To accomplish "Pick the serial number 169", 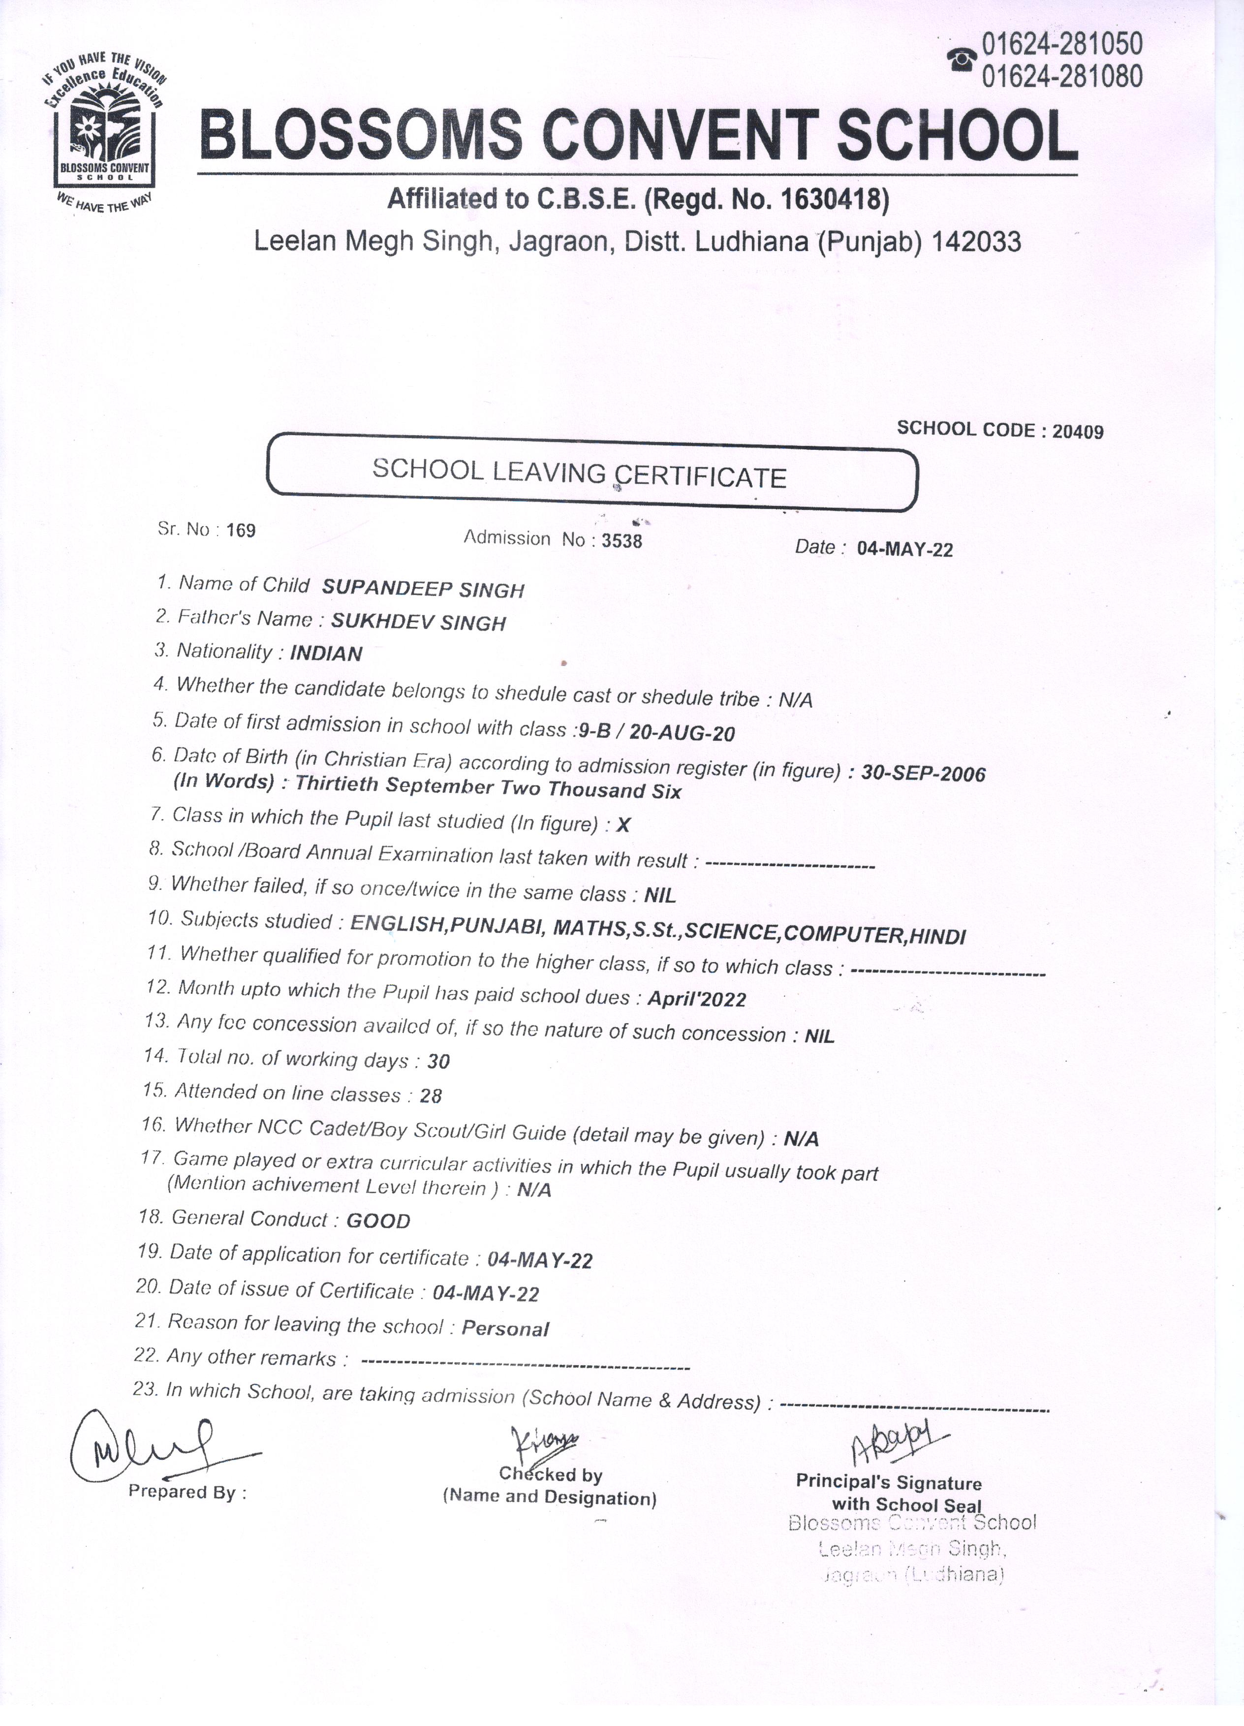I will (x=241, y=531).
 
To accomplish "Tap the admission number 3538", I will (x=622, y=541).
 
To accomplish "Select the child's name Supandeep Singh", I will (x=423, y=589).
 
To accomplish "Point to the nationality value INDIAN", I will (x=326, y=654).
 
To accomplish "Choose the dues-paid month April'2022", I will (x=696, y=999).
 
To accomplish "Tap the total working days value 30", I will (x=439, y=1062).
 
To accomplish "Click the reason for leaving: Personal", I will (x=505, y=1329).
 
